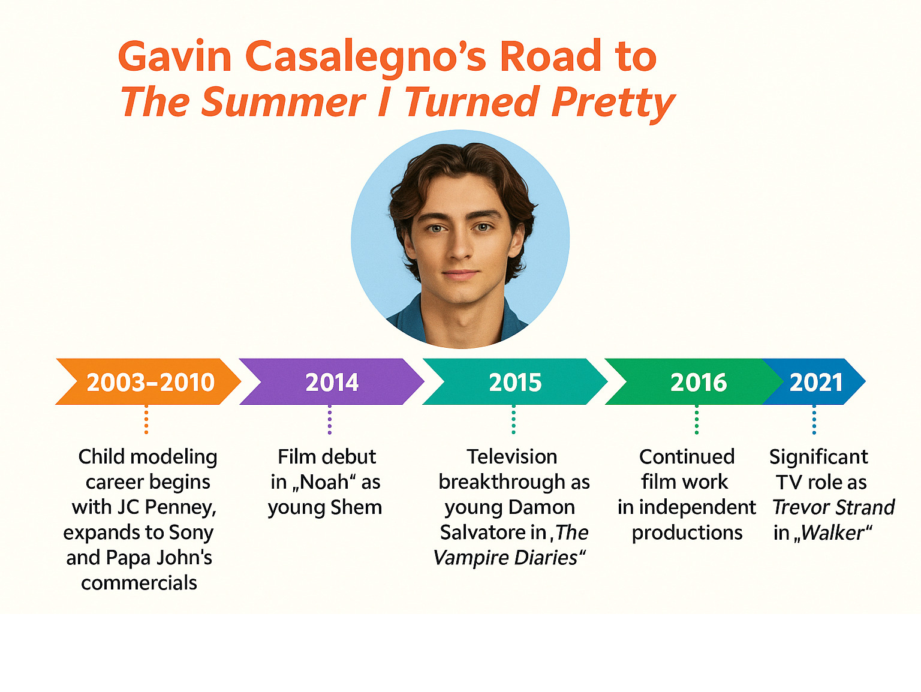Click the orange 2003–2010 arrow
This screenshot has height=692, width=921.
point(148,381)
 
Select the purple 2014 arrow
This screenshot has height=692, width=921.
point(332,381)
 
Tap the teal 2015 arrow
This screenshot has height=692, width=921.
point(515,381)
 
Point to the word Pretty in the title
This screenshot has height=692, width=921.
point(613,103)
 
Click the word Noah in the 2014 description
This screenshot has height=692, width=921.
point(324,482)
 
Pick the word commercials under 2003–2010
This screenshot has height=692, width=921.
point(139,583)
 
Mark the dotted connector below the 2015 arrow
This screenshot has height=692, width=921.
point(514,419)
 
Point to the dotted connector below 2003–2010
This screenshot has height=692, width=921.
point(146,419)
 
